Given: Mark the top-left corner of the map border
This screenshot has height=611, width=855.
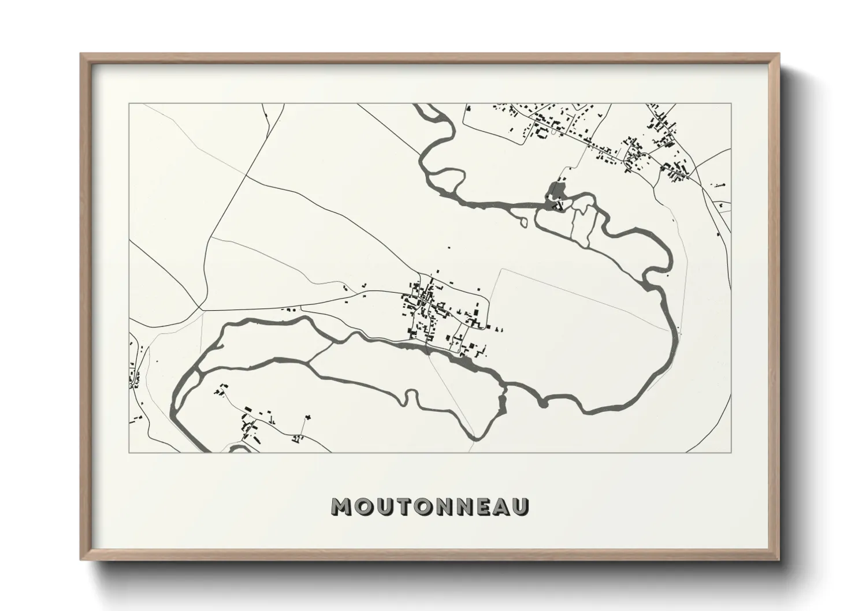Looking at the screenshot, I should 129,104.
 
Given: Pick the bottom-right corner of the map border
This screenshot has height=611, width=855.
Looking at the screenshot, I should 731,452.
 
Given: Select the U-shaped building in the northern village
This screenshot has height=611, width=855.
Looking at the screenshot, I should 542,133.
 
